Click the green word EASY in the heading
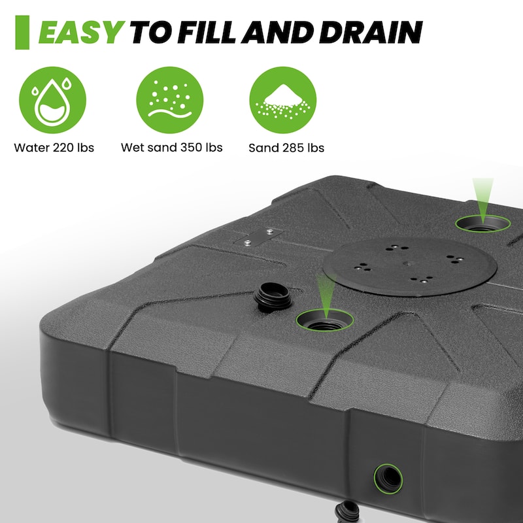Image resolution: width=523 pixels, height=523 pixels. point(81,32)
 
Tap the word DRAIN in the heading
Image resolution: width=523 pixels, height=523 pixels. point(371,32)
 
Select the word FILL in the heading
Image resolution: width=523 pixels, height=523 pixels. point(210,32)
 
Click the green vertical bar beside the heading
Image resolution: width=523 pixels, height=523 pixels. point(22,32)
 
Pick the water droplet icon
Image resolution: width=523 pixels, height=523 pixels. point(52,100)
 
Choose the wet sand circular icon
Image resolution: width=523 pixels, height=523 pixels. point(170,100)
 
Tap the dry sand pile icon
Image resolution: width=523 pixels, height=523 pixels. point(283,100)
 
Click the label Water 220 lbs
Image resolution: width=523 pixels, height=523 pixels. point(54,148)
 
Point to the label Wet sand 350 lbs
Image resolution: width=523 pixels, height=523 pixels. point(171,148)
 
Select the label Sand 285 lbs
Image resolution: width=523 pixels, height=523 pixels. point(286,148)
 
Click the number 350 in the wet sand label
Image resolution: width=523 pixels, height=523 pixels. point(192,148)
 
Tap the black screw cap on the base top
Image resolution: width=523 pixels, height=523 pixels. point(273,297)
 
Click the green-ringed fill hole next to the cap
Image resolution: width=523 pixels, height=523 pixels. point(325,320)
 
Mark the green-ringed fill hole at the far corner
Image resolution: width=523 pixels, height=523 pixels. point(482,224)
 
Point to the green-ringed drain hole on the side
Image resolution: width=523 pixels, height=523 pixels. point(388,479)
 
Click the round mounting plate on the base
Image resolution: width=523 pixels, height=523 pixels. point(410,267)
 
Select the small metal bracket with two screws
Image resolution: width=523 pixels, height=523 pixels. point(259,237)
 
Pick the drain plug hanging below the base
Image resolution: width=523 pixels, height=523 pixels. point(347,512)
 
